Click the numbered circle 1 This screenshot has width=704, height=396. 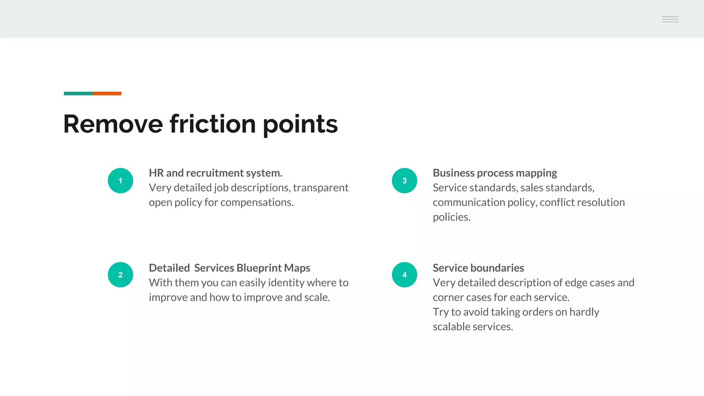pos(120,180)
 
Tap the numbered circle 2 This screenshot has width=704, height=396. pos(120,275)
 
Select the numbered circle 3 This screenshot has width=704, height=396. pos(404,180)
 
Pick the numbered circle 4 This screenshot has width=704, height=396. pos(404,275)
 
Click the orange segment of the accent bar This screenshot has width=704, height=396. pos(107,93)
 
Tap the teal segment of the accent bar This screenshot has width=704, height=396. pos(78,93)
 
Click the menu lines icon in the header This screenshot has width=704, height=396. pos(670,19)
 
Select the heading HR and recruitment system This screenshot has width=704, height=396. pos(216,173)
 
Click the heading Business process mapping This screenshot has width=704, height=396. pos(495,173)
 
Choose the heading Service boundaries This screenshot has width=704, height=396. pos(478,268)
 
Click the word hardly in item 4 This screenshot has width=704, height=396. pos(584,312)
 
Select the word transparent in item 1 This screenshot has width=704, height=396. pos(320,188)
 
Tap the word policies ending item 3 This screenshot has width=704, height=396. pos(451,217)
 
